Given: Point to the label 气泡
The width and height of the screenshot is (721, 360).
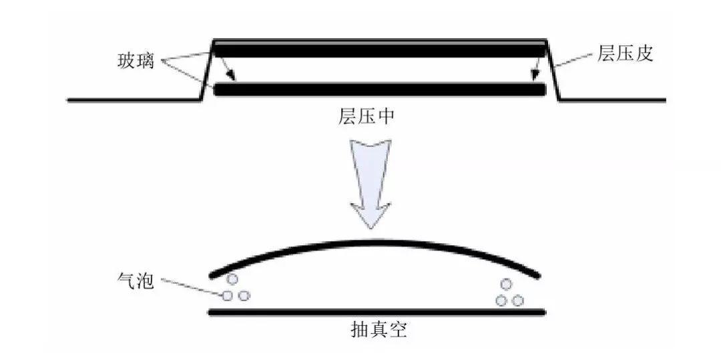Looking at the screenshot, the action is [x=135, y=281].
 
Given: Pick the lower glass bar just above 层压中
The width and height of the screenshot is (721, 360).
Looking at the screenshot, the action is [x=379, y=89].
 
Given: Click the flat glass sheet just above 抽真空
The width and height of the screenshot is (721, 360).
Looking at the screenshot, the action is [x=378, y=312].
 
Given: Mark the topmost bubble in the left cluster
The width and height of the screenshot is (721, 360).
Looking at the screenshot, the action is [x=232, y=279].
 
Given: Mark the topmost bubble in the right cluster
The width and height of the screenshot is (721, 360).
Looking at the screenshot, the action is [x=507, y=285].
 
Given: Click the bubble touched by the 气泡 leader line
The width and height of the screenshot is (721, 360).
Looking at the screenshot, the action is [x=228, y=295].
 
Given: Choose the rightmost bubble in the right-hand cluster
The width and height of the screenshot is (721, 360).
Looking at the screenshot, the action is [x=517, y=301].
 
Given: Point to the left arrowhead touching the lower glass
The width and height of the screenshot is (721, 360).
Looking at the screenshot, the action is [x=229, y=79].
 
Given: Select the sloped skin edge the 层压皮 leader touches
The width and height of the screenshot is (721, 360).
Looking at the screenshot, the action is [x=554, y=71].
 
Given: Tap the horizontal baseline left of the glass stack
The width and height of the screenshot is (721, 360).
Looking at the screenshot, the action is [x=134, y=100].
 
